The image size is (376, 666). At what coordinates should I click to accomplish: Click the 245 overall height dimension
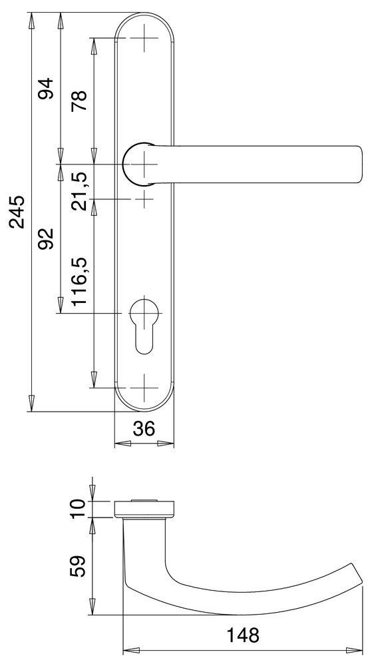(18, 212)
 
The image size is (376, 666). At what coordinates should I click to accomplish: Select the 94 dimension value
(45, 89)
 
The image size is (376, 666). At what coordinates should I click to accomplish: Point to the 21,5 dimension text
(79, 190)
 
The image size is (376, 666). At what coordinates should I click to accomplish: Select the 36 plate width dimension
(144, 430)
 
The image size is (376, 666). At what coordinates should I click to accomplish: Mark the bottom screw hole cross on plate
(144, 388)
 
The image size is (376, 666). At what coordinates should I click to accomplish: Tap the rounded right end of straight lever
(358, 163)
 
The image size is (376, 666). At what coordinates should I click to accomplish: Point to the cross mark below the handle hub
(144, 199)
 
